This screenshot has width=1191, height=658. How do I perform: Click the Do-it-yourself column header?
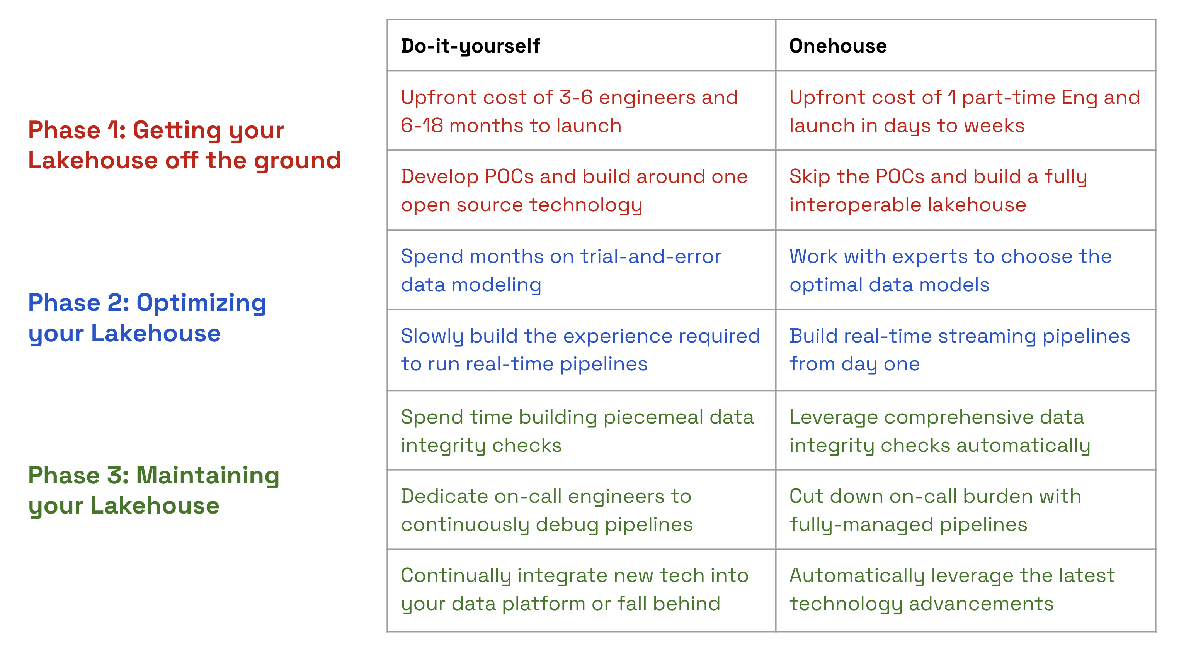[x=470, y=46]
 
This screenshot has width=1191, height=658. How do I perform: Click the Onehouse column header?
[x=837, y=46]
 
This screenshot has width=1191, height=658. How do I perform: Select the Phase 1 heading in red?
[x=184, y=145]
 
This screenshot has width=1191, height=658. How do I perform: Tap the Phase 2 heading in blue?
[x=147, y=317]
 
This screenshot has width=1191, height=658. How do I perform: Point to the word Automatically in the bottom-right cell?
[x=856, y=576]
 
